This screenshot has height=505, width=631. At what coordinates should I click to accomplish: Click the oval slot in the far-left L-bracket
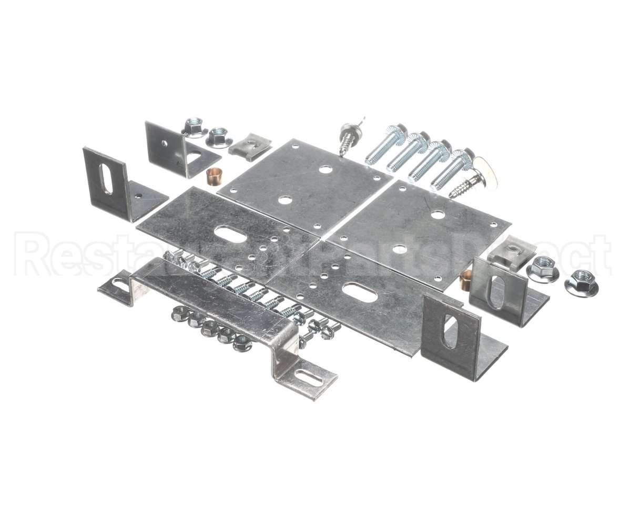click(x=105, y=179)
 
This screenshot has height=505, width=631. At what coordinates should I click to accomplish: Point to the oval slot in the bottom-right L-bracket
click(x=449, y=331)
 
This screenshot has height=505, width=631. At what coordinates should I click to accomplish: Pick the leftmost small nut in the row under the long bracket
click(x=178, y=314)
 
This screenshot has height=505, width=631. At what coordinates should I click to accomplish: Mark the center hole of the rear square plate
click(x=284, y=200)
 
